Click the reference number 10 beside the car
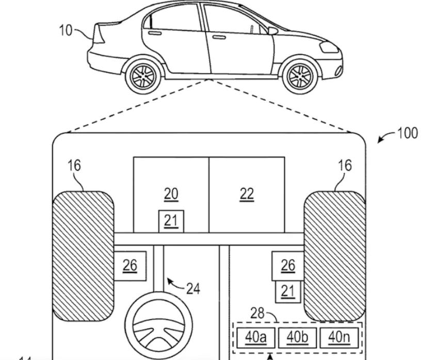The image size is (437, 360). click(66, 30)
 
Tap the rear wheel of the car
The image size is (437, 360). click(142, 76)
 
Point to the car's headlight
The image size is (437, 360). click(328, 47)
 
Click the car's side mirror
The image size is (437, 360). click(272, 31)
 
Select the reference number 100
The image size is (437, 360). click(407, 133)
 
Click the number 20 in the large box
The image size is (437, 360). click(171, 194)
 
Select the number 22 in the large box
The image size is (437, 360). click(247, 194)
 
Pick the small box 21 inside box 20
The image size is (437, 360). click(171, 221)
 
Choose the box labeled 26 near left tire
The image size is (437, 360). click(130, 265)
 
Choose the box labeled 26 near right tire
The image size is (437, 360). click(287, 265)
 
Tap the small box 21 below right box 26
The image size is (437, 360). click(287, 291)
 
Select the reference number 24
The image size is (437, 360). click(193, 288)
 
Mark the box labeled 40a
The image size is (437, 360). click(255, 337)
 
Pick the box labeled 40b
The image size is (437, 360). click(297, 337)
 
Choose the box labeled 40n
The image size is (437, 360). click(339, 337)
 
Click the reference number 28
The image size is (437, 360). click(257, 313)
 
